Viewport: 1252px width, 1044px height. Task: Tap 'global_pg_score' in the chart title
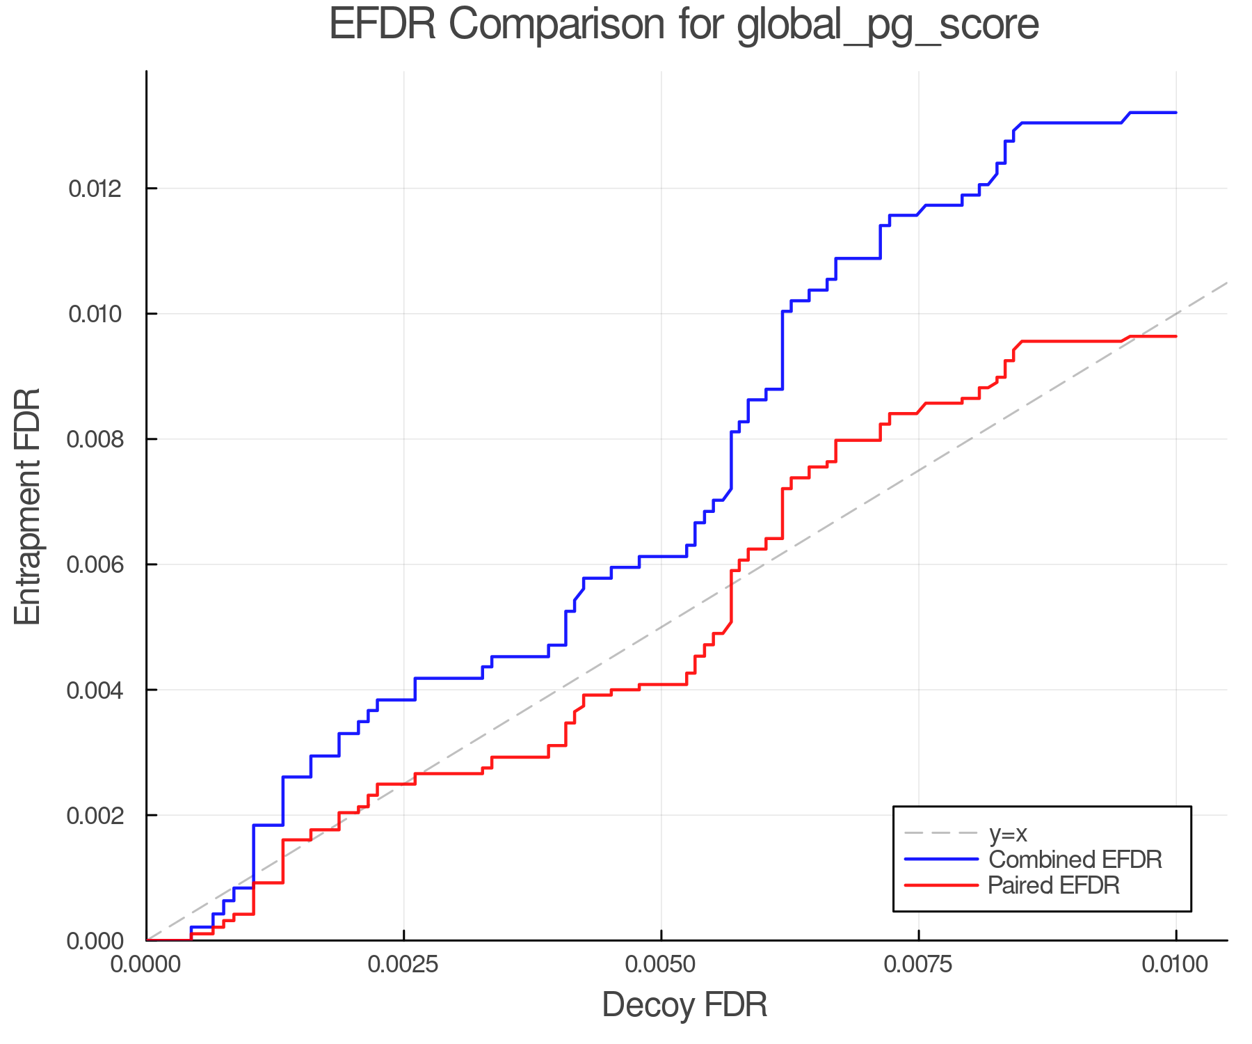click(x=887, y=25)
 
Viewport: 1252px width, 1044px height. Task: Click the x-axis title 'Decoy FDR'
click(x=684, y=1005)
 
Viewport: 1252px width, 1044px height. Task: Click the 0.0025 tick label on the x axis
click(x=403, y=965)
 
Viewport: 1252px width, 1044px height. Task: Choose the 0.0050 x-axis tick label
click(x=661, y=965)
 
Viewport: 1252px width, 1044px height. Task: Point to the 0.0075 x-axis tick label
click(x=918, y=965)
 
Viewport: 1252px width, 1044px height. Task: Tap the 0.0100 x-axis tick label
click(x=1175, y=965)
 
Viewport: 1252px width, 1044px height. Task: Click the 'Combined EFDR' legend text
click(x=1075, y=860)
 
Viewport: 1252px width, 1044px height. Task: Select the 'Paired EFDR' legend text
click(x=1054, y=885)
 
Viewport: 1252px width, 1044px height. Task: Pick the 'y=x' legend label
click(x=1008, y=833)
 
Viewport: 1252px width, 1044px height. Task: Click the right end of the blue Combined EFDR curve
click(x=1175, y=112)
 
